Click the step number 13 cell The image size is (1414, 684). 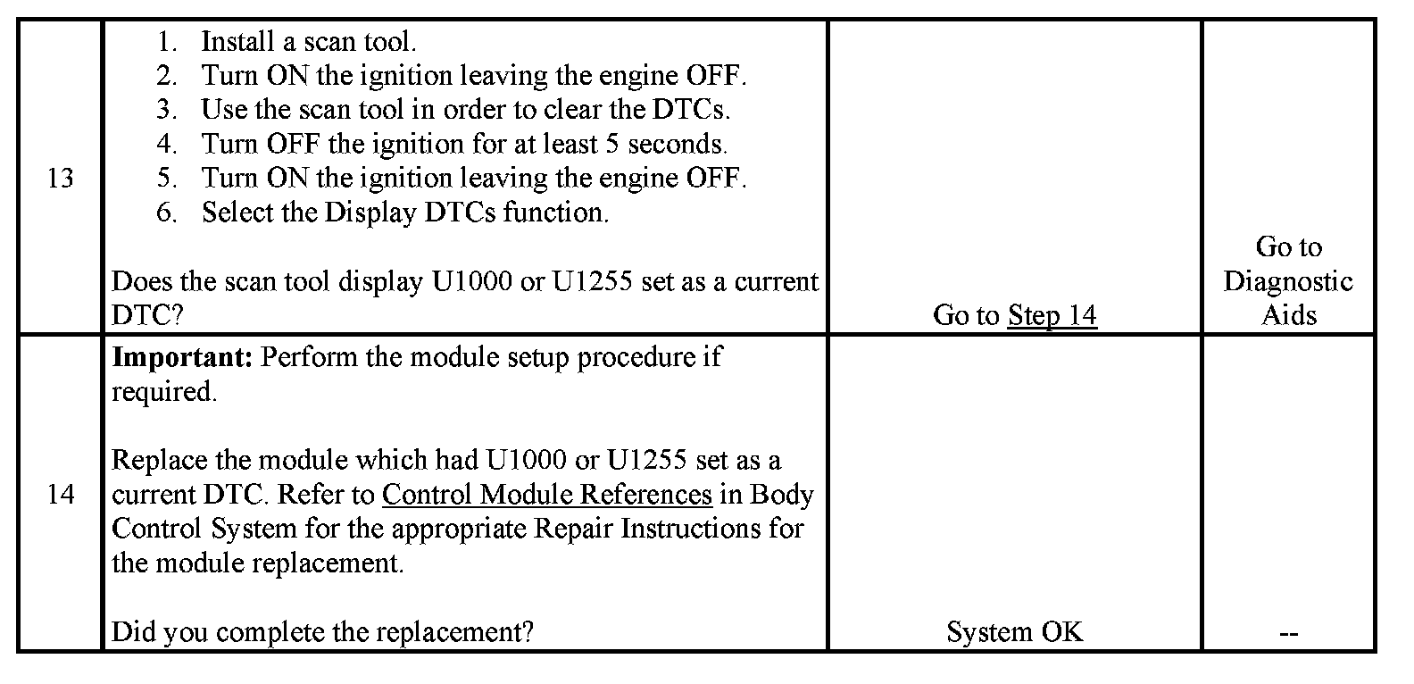[60, 179]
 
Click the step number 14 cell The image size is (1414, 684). [60, 494]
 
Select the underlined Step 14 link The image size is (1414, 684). [1052, 315]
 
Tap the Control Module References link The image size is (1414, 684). [546, 494]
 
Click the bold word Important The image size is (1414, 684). [182, 357]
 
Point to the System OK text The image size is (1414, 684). [1014, 632]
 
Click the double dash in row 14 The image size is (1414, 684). [1288, 633]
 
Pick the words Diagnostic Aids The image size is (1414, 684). [1288, 298]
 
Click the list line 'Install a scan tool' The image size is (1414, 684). [309, 41]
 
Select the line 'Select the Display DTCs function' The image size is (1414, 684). [405, 213]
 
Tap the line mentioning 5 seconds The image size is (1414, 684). [464, 144]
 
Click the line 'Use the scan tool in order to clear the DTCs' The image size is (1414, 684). [466, 110]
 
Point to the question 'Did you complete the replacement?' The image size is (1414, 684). [322, 632]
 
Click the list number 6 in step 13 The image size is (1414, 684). [167, 213]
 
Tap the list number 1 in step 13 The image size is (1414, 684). [167, 41]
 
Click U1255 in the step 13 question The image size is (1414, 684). [593, 281]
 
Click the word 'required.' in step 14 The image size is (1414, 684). [164, 391]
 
